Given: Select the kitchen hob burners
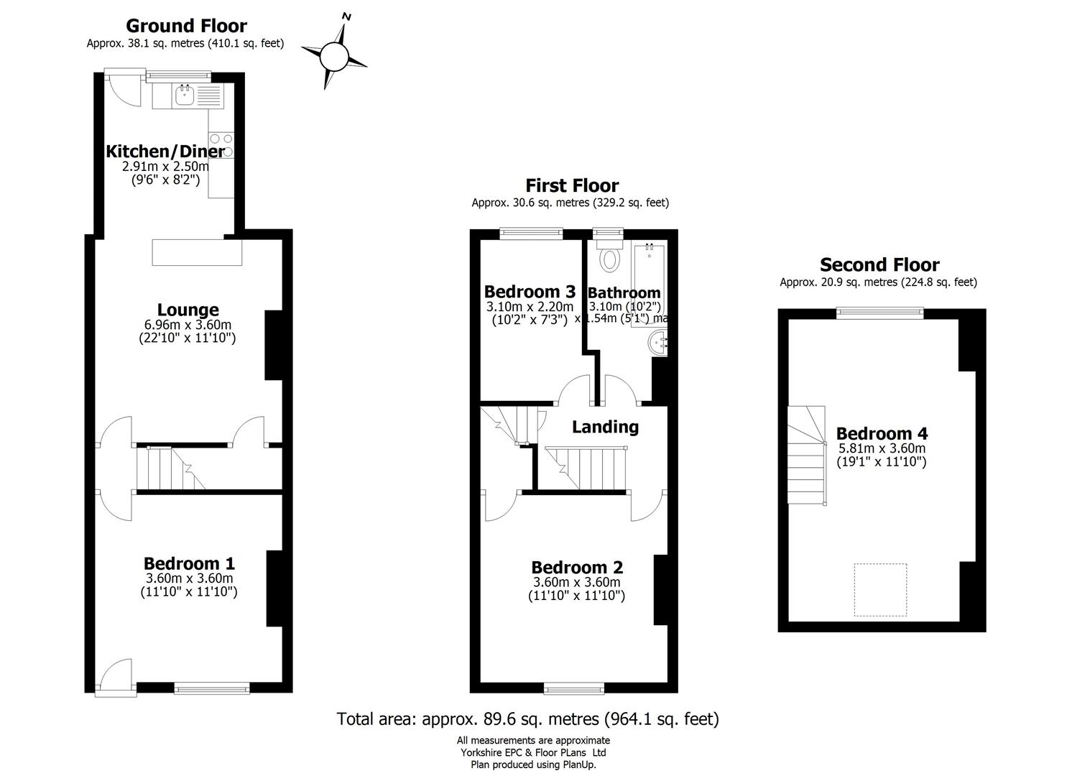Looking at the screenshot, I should [221, 139].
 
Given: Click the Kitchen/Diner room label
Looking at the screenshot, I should [165, 152].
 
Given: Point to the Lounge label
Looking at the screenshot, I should [188, 310].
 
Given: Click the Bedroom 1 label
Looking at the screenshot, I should [189, 564].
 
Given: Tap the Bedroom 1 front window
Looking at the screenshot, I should [212, 688].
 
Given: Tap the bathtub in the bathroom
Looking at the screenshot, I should [649, 284].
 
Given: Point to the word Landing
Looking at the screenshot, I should [605, 427].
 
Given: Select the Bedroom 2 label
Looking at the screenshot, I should [577, 568].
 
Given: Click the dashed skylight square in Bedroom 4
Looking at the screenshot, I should [879, 589].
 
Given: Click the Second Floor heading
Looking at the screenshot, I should [879, 265].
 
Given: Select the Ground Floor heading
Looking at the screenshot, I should [186, 26].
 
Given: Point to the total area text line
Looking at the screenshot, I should [527, 719].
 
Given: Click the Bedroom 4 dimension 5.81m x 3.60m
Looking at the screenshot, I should [881, 448].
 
